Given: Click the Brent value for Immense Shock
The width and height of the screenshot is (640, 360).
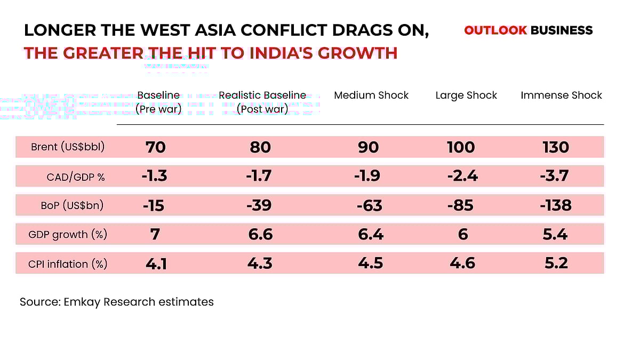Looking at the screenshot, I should coord(555,147).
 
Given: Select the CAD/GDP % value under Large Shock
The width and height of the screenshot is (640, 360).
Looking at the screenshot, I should coord(462,176).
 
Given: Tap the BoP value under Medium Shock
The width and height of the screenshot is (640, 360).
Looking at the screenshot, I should coord(368,205).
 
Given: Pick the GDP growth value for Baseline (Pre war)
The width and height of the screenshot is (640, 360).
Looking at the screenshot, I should coord(155,234).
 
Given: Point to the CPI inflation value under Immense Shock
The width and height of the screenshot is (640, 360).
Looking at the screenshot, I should coord(555,263).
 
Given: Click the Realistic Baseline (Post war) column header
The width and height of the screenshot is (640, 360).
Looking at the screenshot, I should coord(262,102).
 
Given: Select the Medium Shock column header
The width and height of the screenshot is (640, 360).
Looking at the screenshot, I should coord(371,95).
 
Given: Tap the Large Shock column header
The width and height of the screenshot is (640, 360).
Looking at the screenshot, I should coord(466,95).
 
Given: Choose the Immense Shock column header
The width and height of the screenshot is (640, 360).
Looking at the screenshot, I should coord(561,95).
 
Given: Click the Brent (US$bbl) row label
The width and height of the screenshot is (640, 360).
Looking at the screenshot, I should coord(67,148).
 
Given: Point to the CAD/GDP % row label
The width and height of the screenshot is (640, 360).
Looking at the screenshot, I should coord(76,177).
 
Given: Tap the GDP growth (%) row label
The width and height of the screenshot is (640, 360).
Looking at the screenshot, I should coord(68,234).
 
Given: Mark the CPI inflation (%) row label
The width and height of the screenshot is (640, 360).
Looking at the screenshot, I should coord(68,263).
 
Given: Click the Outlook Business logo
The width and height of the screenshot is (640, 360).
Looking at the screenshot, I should coord(528,30).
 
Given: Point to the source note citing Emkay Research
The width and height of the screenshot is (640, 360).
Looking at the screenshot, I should coord(117,302).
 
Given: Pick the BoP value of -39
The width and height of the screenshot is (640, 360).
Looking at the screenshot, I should coord(260,205).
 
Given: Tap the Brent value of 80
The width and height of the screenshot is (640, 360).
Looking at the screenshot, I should coord(260,147).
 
